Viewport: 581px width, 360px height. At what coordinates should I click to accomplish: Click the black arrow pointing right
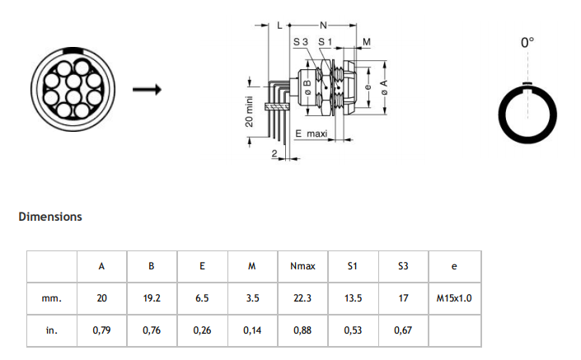pyautogui.click(x=145, y=89)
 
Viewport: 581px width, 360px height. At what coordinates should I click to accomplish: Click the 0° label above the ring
pyautogui.click(x=527, y=41)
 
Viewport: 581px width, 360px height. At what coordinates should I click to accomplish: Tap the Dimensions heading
pyautogui.click(x=50, y=217)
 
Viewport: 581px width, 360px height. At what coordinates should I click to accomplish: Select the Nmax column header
pyautogui.click(x=302, y=267)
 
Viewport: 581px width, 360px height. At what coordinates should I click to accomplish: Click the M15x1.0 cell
pyautogui.click(x=454, y=298)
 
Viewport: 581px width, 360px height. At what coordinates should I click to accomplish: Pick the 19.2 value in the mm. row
pyautogui.click(x=152, y=298)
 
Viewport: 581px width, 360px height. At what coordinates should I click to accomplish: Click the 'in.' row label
pyautogui.click(x=52, y=330)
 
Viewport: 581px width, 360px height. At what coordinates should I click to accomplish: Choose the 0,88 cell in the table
pyautogui.click(x=302, y=330)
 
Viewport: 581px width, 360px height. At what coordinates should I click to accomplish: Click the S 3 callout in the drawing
pyautogui.click(x=301, y=42)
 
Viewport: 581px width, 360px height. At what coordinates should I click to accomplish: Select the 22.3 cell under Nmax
pyautogui.click(x=302, y=298)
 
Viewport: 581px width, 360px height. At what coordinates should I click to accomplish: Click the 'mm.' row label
pyautogui.click(x=52, y=298)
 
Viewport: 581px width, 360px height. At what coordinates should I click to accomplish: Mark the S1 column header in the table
pyautogui.click(x=353, y=267)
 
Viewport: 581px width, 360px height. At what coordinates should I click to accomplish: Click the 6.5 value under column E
pyautogui.click(x=202, y=298)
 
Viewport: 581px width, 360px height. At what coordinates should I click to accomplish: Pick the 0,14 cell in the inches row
pyautogui.click(x=252, y=330)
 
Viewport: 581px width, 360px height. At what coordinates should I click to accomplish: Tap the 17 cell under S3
pyautogui.click(x=403, y=298)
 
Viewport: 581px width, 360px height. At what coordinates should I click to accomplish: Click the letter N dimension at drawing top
pyautogui.click(x=322, y=24)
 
